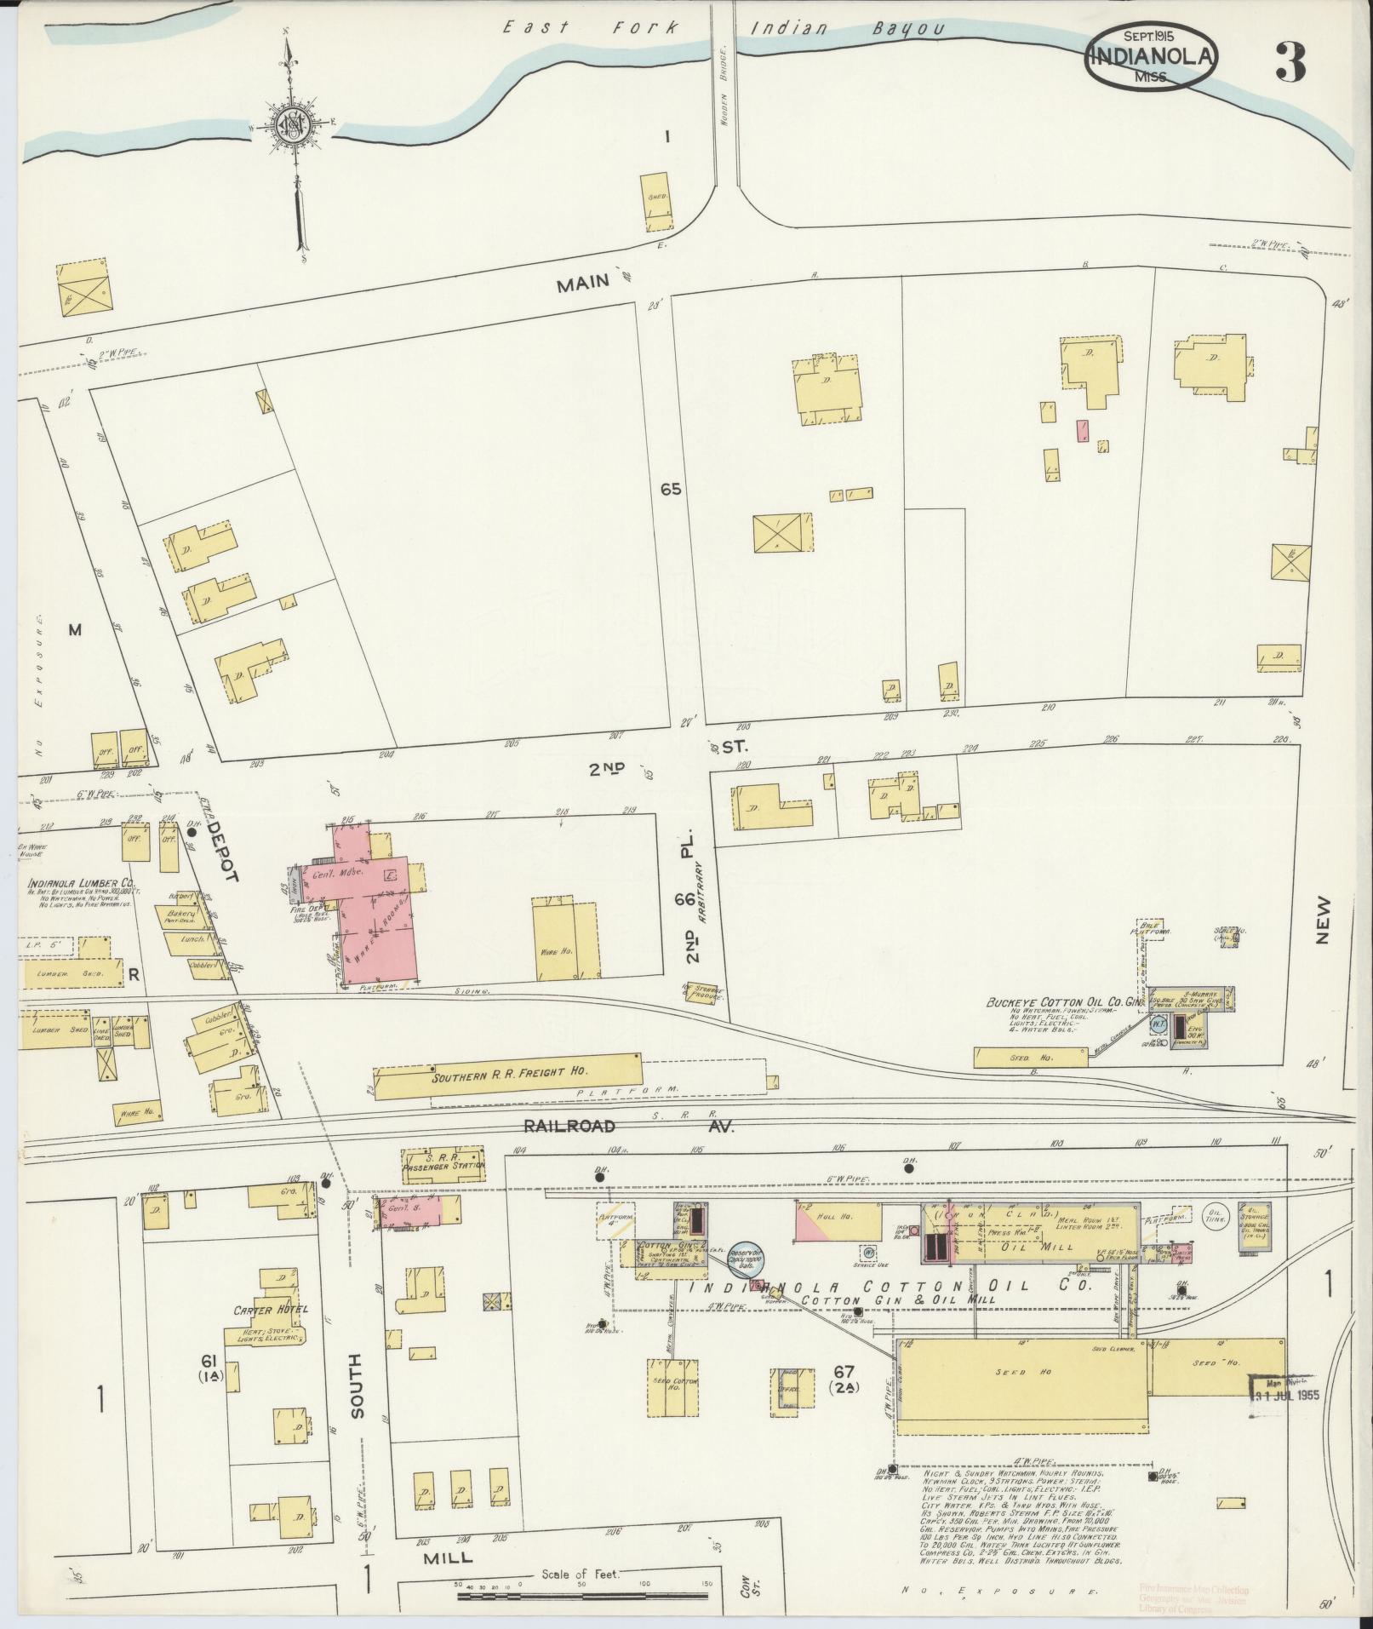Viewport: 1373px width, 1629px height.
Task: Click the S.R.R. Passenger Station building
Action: pos(443,1164)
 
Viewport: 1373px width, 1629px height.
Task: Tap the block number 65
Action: pos(670,490)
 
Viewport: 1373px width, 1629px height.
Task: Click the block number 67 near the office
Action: pos(844,1371)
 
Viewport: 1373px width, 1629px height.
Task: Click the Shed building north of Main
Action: pos(656,201)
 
